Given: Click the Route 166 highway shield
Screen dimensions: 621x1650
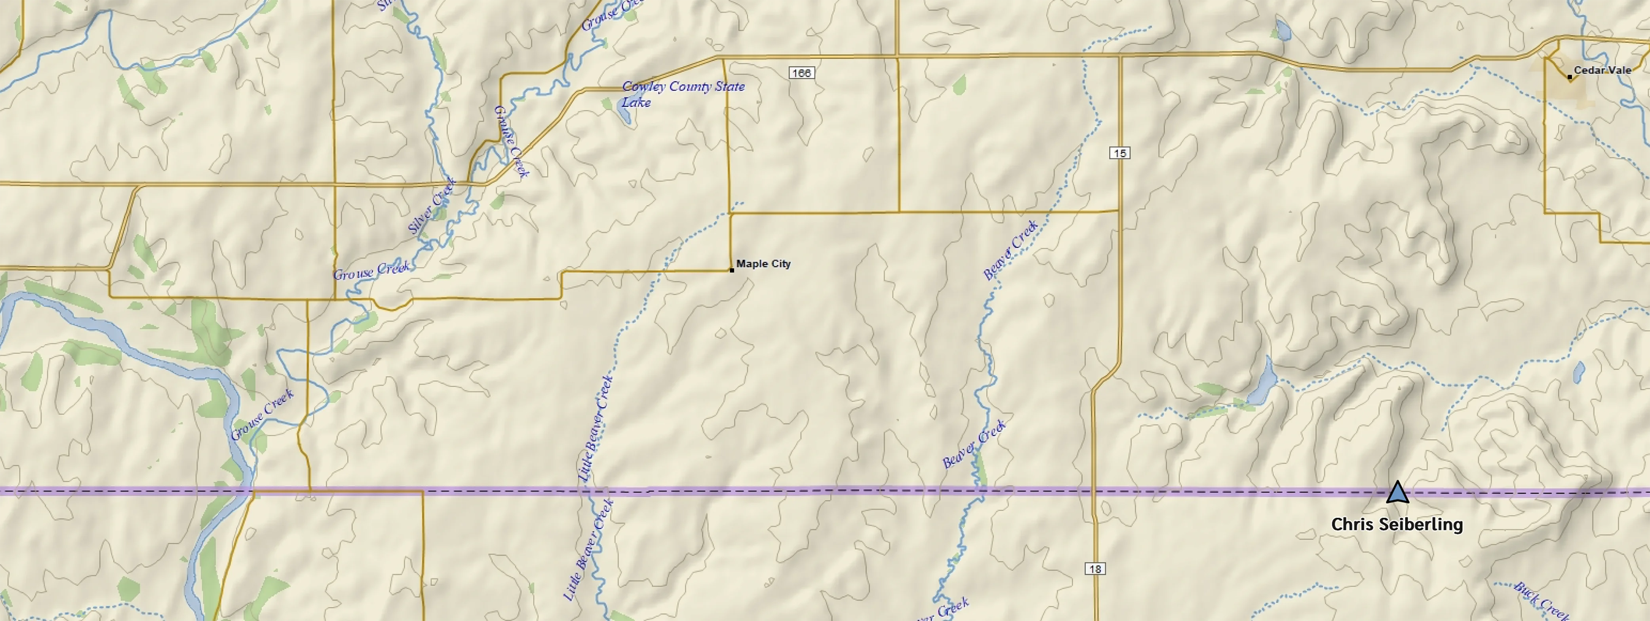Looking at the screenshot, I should coord(801,73).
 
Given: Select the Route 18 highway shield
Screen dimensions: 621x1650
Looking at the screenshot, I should coord(1095,568).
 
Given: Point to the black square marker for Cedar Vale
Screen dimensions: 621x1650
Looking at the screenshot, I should coord(1569,77).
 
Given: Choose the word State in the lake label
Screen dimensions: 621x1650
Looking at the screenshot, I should coord(729,86).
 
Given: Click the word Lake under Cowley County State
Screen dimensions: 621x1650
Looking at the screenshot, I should coord(636,103).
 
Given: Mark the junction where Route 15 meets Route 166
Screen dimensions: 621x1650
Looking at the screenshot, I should coord(1120,56).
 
